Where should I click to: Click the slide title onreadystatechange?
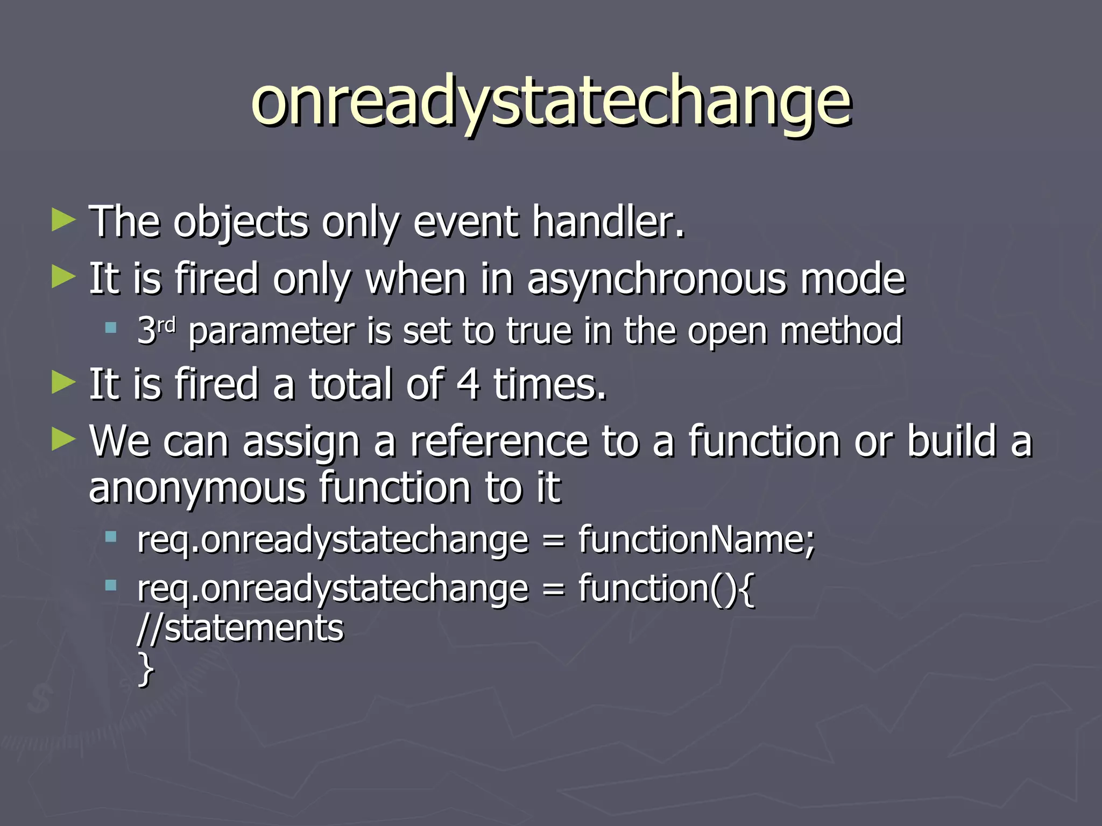tap(551, 102)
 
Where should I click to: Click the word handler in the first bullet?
tap(608, 222)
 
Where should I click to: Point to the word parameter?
tap(272, 332)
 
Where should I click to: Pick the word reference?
tap(499, 441)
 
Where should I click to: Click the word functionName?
tap(697, 539)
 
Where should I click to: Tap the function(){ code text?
tap(666, 588)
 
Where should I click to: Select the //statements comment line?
tap(241, 628)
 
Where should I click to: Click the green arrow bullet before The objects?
tap(63, 221)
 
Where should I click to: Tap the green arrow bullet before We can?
tap(63, 440)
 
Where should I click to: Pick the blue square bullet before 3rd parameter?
tap(111, 327)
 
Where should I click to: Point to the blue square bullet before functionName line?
tap(111, 536)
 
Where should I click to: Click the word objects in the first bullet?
tap(241, 223)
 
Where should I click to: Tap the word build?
tap(952, 441)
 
